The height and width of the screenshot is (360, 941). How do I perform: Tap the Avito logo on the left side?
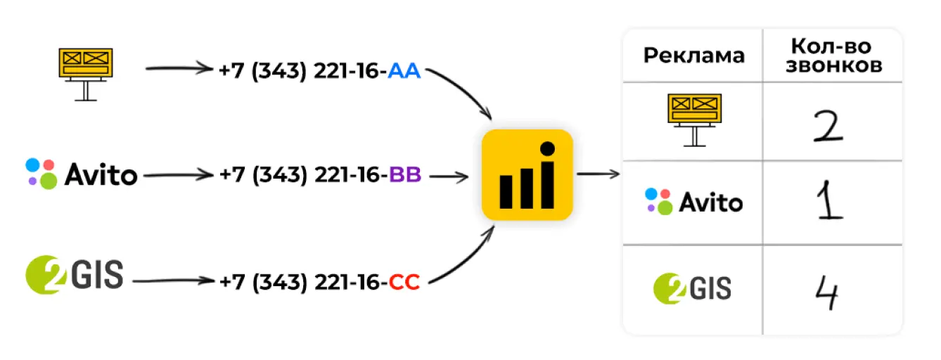(x=82, y=174)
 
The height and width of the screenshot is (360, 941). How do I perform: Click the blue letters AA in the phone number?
(x=404, y=71)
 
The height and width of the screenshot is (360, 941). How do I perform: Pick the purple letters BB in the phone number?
(x=404, y=175)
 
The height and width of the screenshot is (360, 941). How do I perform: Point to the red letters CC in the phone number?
(x=404, y=283)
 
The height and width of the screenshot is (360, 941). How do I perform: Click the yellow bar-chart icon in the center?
(x=527, y=175)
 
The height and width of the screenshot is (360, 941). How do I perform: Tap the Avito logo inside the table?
(x=693, y=202)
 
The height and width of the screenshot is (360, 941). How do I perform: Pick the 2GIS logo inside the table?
(x=693, y=288)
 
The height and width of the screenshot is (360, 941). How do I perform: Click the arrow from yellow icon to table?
(x=597, y=174)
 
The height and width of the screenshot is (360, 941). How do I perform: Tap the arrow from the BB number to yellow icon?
(x=449, y=176)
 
